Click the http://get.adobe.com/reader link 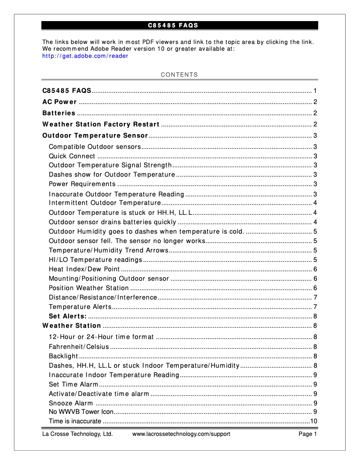coord(85,56)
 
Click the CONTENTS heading coord(179,75)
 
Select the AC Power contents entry coord(59,102)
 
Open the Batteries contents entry coord(59,113)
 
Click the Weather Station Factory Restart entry coord(101,124)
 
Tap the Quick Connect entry coord(72,156)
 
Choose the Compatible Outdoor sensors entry coord(95,147)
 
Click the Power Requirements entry coord(82,184)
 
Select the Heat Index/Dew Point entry coord(84,269)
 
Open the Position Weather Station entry coord(88,288)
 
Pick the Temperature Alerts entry coord(80,307)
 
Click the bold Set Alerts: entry coord(67,316)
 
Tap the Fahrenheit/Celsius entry coord(79,347)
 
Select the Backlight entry coord(63,356)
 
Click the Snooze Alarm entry coord(70,403)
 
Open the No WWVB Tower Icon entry coord(81,412)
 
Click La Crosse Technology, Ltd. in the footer coord(77,434)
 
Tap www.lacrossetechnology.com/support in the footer coord(181,434)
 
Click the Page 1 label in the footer coord(308,434)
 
